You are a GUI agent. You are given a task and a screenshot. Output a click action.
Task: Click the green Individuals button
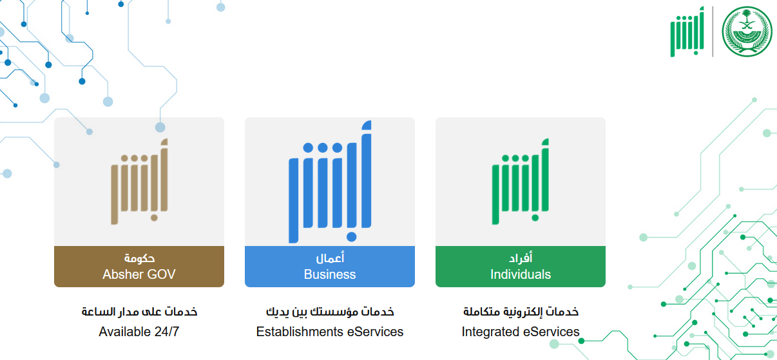[x=521, y=267]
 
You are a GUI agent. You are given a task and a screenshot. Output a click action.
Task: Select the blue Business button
[x=329, y=267]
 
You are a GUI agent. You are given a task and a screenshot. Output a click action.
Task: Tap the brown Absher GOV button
[x=139, y=267]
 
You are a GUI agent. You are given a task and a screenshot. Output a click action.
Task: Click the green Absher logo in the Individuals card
[x=521, y=182]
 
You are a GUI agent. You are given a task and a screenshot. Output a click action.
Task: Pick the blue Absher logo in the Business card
[x=329, y=182]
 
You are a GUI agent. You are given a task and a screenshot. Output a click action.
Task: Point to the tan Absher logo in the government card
[x=139, y=182]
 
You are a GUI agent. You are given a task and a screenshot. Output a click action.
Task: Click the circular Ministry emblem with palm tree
[x=747, y=31]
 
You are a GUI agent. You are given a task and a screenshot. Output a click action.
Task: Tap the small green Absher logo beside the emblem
[x=687, y=32]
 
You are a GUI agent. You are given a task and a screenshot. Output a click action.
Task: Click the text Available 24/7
[x=139, y=332]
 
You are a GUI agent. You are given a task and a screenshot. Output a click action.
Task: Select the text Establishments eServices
[x=329, y=332]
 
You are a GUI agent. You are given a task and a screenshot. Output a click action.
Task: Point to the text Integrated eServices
[x=521, y=332]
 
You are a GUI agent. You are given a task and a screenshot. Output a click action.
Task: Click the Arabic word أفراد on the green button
[x=521, y=258]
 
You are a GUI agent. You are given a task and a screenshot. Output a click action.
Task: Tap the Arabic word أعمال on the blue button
[x=329, y=258]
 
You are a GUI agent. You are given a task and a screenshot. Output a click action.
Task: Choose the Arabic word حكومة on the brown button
[x=139, y=258]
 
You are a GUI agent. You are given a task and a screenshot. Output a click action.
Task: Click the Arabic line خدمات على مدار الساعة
[x=139, y=312]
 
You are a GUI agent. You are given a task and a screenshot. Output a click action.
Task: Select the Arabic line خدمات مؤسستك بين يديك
[x=329, y=312]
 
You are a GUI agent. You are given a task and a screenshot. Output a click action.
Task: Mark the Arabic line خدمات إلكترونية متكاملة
[x=521, y=312]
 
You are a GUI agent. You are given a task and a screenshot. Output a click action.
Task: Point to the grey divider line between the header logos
[x=713, y=32]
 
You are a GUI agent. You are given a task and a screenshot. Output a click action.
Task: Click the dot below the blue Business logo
[x=351, y=237]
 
